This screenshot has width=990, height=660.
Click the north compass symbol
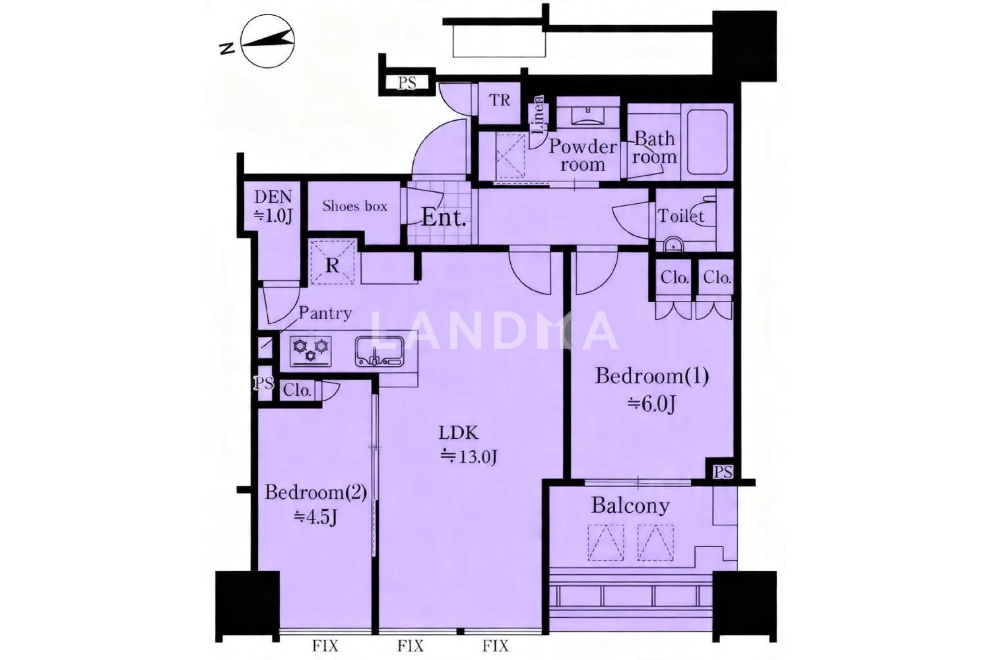[x=268, y=42]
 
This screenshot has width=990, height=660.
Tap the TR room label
[x=500, y=100]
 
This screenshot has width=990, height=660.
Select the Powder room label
[x=583, y=155]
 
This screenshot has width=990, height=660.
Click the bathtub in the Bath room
[x=707, y=141]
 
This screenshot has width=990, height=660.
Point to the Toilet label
[x=680, y=216]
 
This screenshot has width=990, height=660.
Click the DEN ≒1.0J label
[x=273, y=206]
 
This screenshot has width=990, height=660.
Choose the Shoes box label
[x=354, y=206]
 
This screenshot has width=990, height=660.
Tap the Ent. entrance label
[x=444, y=218]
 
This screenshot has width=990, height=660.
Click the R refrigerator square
[x=333, y=262]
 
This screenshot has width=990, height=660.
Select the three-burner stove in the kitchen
[x=311, y=351]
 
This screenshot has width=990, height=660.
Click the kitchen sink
[x=379, y=352]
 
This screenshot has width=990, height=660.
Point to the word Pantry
[x=325, y=313]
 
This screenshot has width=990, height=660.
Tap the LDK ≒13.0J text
[x=468, y=445]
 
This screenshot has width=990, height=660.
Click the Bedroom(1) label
[x=652, y=376]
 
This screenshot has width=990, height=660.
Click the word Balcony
[x=630, y=506]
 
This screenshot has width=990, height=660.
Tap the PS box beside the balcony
[x=723, y=472]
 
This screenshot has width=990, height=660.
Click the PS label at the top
[x=407, y=83]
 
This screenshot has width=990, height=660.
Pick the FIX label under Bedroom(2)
[x=325, y=646]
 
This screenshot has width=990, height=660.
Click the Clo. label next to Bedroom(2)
[x=297, y=391]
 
